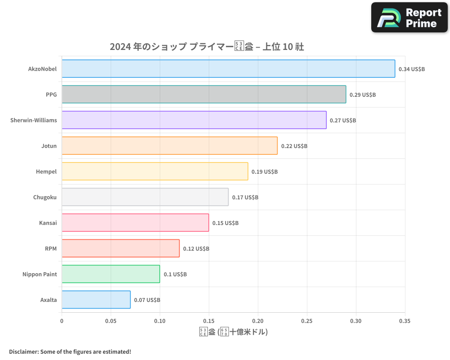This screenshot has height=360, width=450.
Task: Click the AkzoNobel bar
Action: coord(228,69)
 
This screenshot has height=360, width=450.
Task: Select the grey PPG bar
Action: coord(204,94)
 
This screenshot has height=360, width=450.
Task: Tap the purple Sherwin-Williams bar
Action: coord(194,120)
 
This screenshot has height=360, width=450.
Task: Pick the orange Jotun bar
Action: coord(170,146)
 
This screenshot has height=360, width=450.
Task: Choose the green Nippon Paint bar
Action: coord(111,274)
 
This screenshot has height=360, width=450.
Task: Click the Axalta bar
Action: coord(96,300)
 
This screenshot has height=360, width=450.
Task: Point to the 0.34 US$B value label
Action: coord(412,69)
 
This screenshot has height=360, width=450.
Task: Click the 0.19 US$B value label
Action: coord(265,172)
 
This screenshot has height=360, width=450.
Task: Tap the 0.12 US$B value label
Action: coord(196,249)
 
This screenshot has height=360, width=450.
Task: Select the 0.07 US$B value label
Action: coord(147,300)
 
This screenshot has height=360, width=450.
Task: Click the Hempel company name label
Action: coord(46,171)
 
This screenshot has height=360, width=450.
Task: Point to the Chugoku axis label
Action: coord(45,197)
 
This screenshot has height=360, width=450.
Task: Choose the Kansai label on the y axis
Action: coord(48,223)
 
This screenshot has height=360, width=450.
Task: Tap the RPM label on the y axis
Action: coord(51,248)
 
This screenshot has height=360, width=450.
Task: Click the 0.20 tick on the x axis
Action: coord(258,321)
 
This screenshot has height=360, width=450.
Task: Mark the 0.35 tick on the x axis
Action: coord(405,321)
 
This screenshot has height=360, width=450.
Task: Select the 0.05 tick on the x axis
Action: coord(111,321)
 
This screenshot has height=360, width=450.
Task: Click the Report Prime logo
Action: coord(409,18)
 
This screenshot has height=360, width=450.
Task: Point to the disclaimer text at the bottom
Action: coord(70,351)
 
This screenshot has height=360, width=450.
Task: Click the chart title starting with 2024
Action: coord(207,47)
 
